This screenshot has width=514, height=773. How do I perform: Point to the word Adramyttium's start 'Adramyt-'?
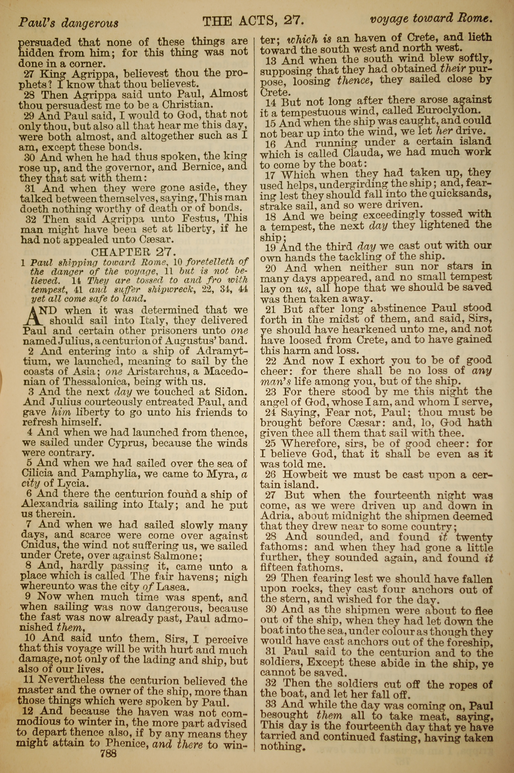222,351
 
